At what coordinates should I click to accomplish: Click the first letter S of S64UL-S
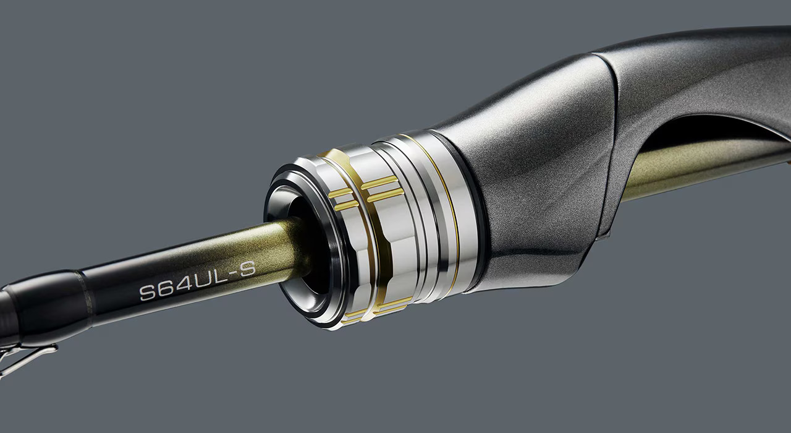[148, 293]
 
